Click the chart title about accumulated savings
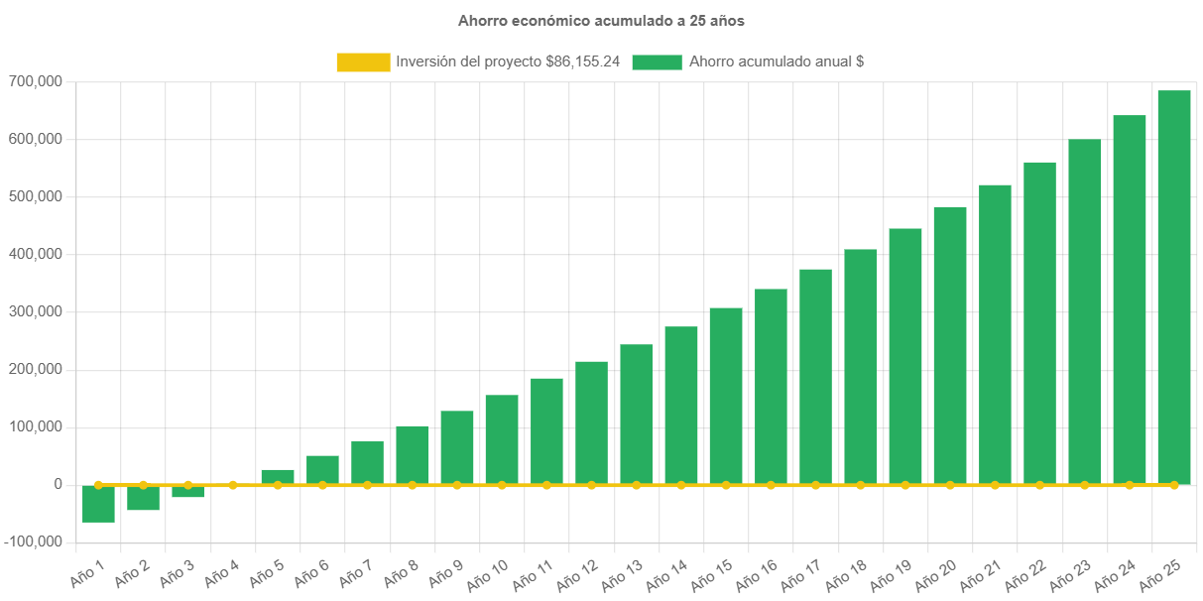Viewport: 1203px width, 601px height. click(x=601, y=20)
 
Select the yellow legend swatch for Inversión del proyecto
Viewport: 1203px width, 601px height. click(x=362, y=61)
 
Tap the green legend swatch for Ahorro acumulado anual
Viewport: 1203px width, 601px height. click(x=657, y=61)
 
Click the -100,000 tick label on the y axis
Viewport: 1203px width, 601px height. click(x=33, y=541)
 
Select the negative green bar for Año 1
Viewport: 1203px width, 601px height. click(x=98, y=504)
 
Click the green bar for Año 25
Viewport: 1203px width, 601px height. click(x=1174, y=288)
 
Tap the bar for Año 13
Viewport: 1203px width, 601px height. click(x=637, y=415)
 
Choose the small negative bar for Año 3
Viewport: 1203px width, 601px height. click(x=187, y=492)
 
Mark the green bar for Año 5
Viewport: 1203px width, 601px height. click(x=278, y=476)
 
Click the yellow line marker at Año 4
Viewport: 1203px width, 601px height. click(x=233, y=485)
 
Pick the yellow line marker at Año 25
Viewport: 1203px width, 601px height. click(x=1174, y=485)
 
